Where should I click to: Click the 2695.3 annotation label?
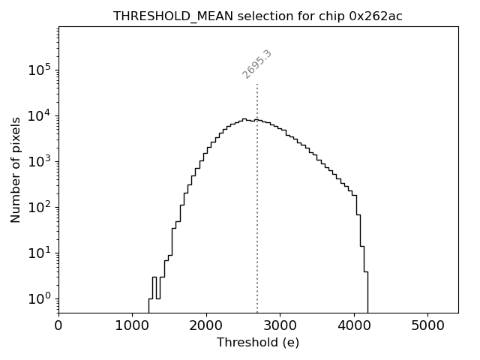coord(256,64)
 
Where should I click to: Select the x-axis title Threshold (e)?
coord(258,343)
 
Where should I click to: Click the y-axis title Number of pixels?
coord(16,169)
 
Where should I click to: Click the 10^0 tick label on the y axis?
coord(41,298)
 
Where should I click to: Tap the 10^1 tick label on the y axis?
coord(41,253)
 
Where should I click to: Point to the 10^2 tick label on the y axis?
coord(41,207)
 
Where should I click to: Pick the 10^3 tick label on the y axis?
coord(41,161)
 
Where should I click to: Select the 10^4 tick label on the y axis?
coord(41,115)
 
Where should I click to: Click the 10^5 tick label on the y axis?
coord(41,70)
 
